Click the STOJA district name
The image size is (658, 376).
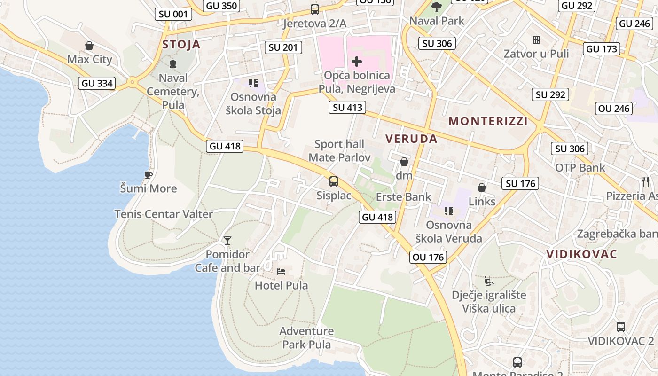coord(181,45)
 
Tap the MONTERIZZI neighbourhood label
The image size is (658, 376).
coord(488,121)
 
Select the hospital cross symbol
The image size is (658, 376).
coord(357,61)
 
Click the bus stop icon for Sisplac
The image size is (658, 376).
coord(334,181)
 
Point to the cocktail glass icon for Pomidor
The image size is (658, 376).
coord(227,241)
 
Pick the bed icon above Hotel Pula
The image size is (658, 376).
coord(281,271)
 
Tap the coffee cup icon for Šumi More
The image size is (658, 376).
coord(149,175)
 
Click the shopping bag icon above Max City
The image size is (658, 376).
coord(89,46)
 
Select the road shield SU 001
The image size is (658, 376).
coord(173,14)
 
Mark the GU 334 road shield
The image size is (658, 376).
coord(97,84)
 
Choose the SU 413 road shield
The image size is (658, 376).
coord(348,108)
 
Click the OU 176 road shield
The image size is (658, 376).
coord(428,257)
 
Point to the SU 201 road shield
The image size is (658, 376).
coord(283,47)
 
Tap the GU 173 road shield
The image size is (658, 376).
coord(602,49)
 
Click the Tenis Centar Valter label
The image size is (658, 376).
coord(164,214)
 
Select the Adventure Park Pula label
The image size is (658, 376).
coord(306,338)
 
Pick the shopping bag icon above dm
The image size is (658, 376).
coord(404,162)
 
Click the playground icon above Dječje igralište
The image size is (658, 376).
coord(489,281)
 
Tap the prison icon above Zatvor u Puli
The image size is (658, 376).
coord(536,40)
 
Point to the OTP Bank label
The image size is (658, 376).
coord(580,168)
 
